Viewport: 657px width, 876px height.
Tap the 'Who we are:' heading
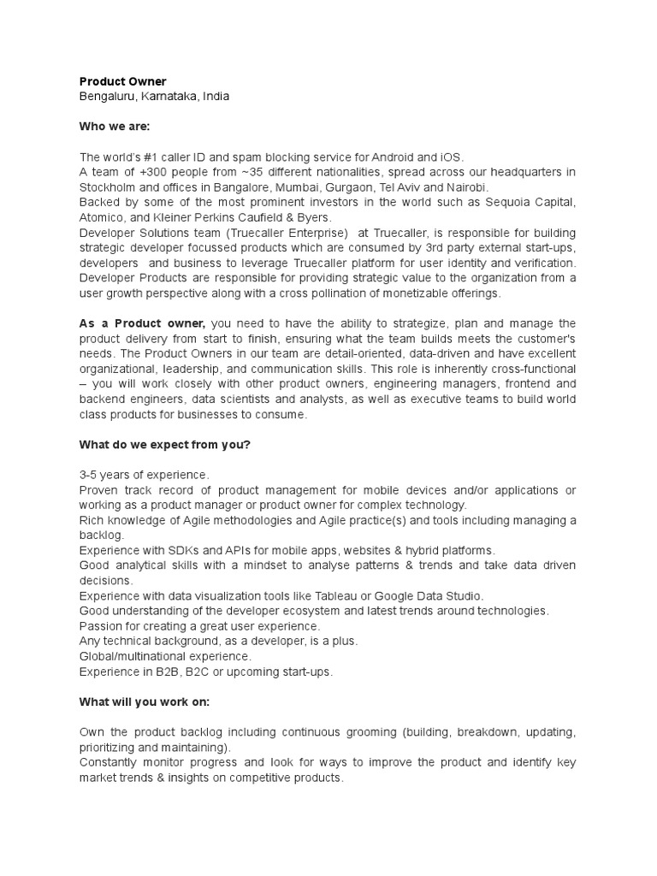point(114,127)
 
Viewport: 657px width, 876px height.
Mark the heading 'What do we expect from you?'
point(164,444)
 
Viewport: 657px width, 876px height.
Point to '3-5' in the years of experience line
point(90,475)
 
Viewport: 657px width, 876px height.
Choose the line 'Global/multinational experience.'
point(165,656)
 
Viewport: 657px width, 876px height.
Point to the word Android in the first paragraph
point(376,157)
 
